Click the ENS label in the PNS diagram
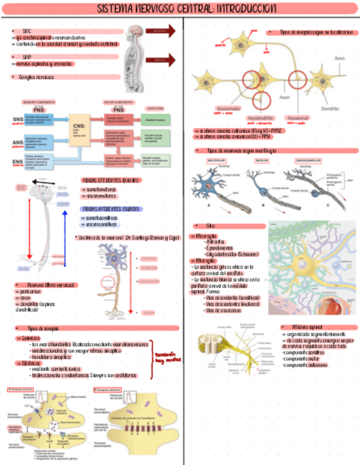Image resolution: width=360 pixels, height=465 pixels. (18, 162)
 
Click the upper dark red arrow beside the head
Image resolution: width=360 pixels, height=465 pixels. (163, 31)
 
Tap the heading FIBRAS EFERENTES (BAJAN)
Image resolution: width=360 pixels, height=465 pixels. (111, 180)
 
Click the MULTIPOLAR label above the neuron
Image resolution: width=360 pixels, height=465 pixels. (216, 161)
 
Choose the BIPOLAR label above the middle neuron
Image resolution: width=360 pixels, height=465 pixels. (262, 161)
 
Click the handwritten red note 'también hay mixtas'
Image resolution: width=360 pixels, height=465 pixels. (167, 358)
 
